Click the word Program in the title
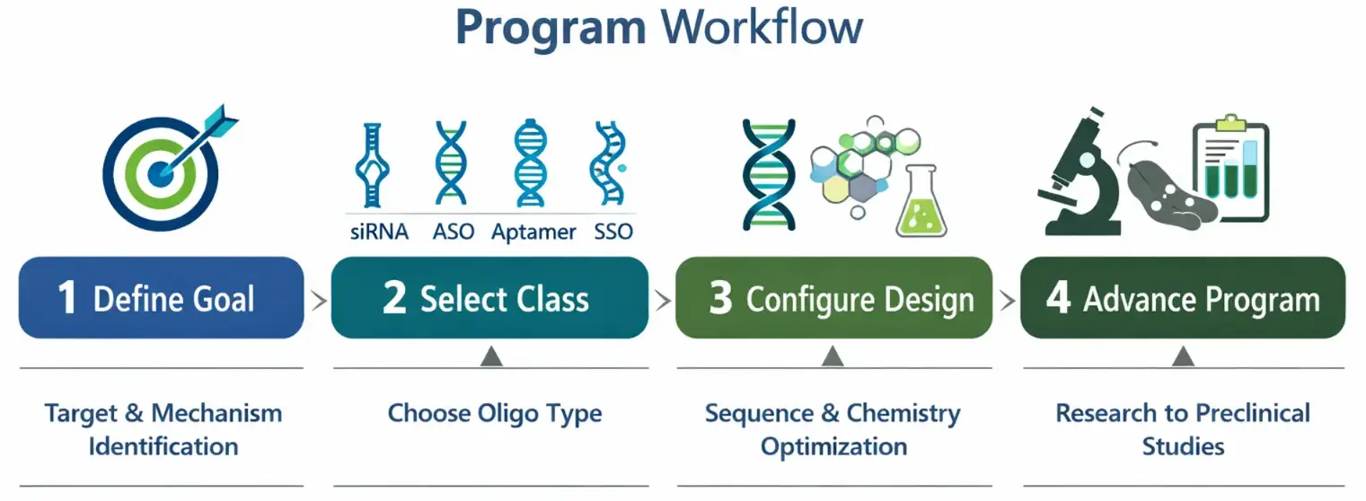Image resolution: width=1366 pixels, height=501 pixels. (x=550, y=30)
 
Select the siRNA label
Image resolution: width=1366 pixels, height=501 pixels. (x=378, y=232)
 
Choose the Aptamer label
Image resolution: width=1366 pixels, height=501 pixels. (x=533, y=232)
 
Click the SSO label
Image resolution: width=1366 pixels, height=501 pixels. (x=612, y=232)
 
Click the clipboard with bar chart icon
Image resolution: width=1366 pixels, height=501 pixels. (x=1229, y=170)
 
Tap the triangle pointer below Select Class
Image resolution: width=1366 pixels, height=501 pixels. (x=490, y=357)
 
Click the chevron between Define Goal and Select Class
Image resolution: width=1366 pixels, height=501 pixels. (x=318, y=300)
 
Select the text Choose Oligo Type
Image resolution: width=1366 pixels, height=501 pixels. (x=494, y=414)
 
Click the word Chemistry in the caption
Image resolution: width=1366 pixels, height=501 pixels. (x=903, y=415)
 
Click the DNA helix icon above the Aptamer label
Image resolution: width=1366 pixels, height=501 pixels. (x=529, y=166)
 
